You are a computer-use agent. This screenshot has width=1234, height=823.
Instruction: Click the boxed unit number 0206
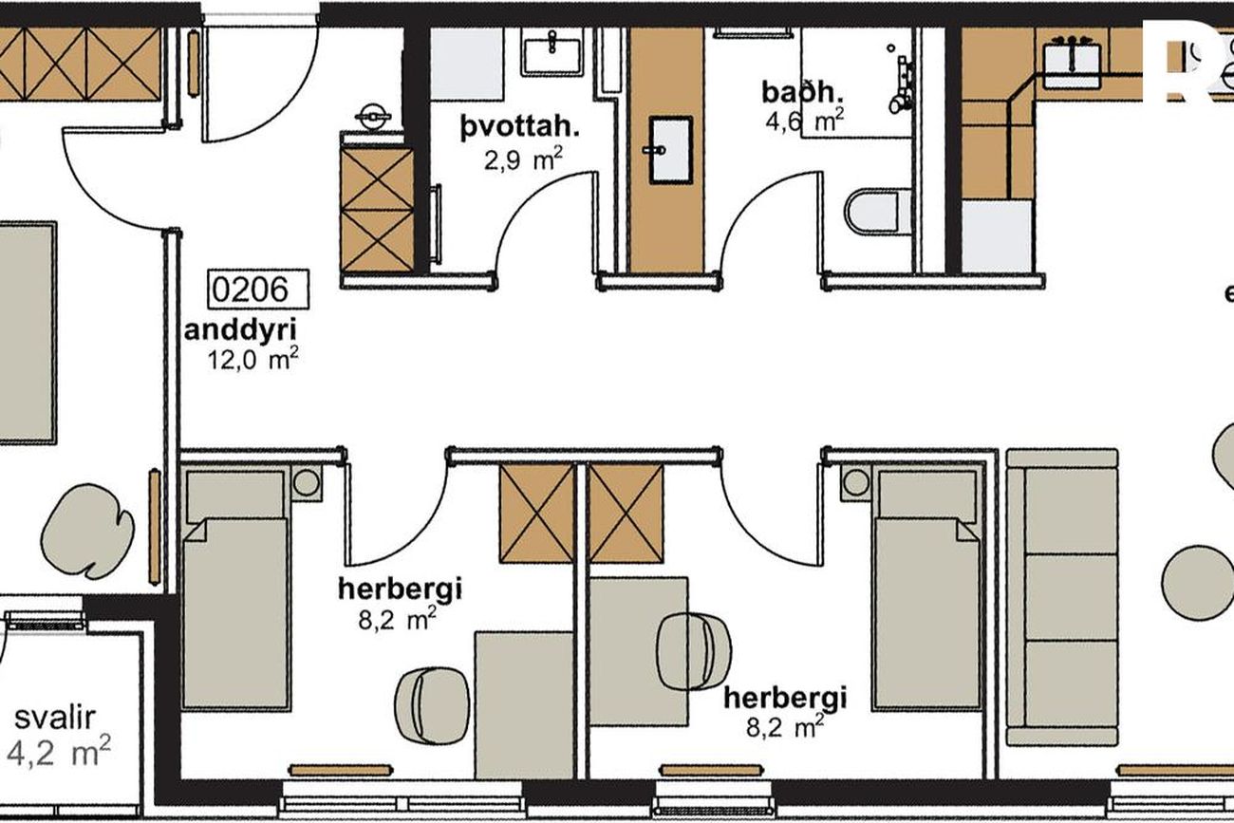258,289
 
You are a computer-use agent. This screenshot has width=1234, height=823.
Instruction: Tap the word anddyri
240,330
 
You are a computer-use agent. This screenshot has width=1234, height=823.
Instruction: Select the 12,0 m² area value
252,360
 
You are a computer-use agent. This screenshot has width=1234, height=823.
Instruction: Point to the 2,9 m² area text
523,159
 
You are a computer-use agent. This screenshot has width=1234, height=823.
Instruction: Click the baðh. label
802,92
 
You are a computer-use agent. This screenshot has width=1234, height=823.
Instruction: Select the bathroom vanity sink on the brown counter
670,150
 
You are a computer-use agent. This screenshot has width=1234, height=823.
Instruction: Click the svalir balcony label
55,718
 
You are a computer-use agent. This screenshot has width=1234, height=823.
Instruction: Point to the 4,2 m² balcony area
59,751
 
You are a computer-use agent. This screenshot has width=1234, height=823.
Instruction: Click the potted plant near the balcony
87,531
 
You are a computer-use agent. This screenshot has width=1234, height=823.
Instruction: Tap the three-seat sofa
1062,597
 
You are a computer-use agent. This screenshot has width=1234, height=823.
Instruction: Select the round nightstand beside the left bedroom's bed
307,483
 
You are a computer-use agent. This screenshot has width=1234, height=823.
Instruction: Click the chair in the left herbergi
433,704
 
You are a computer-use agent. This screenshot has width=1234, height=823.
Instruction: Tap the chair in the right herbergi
694,652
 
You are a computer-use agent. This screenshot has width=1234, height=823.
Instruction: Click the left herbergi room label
400,589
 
